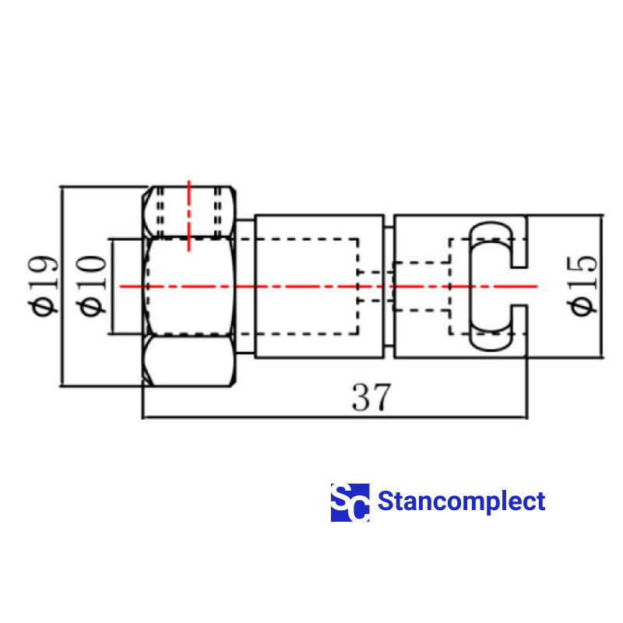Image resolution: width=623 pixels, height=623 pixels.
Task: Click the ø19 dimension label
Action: [44, 286]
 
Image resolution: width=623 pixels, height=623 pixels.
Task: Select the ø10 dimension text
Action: [91, 286]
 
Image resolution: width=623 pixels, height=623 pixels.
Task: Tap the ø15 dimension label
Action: [582, 286]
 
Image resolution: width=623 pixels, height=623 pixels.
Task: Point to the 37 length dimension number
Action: [371, 397]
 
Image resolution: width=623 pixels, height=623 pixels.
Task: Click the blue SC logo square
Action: [350, 502]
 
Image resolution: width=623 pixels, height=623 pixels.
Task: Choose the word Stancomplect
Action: [461, 501]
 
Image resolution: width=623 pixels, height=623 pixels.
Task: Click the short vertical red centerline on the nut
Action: [189, 216]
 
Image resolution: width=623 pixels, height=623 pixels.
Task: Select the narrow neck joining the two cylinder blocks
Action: [389, 287]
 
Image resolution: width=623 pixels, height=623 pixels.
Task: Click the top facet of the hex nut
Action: [189, 212]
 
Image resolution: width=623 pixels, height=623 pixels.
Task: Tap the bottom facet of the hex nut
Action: [189, 361]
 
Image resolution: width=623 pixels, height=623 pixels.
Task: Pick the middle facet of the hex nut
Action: [189, 287]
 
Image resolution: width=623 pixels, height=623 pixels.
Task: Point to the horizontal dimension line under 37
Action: [335, 417]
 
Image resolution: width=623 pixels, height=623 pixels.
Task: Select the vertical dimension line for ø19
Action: [62, 286]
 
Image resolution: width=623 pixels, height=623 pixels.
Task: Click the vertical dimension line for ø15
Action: [601, 287]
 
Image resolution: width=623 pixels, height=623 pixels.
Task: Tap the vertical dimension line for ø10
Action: [111, 287]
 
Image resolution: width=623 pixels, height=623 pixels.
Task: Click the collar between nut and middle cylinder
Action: [245, 287]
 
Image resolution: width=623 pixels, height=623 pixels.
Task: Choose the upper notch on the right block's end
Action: [519, 241]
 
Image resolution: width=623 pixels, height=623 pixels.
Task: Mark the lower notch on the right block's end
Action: [519, 330]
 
